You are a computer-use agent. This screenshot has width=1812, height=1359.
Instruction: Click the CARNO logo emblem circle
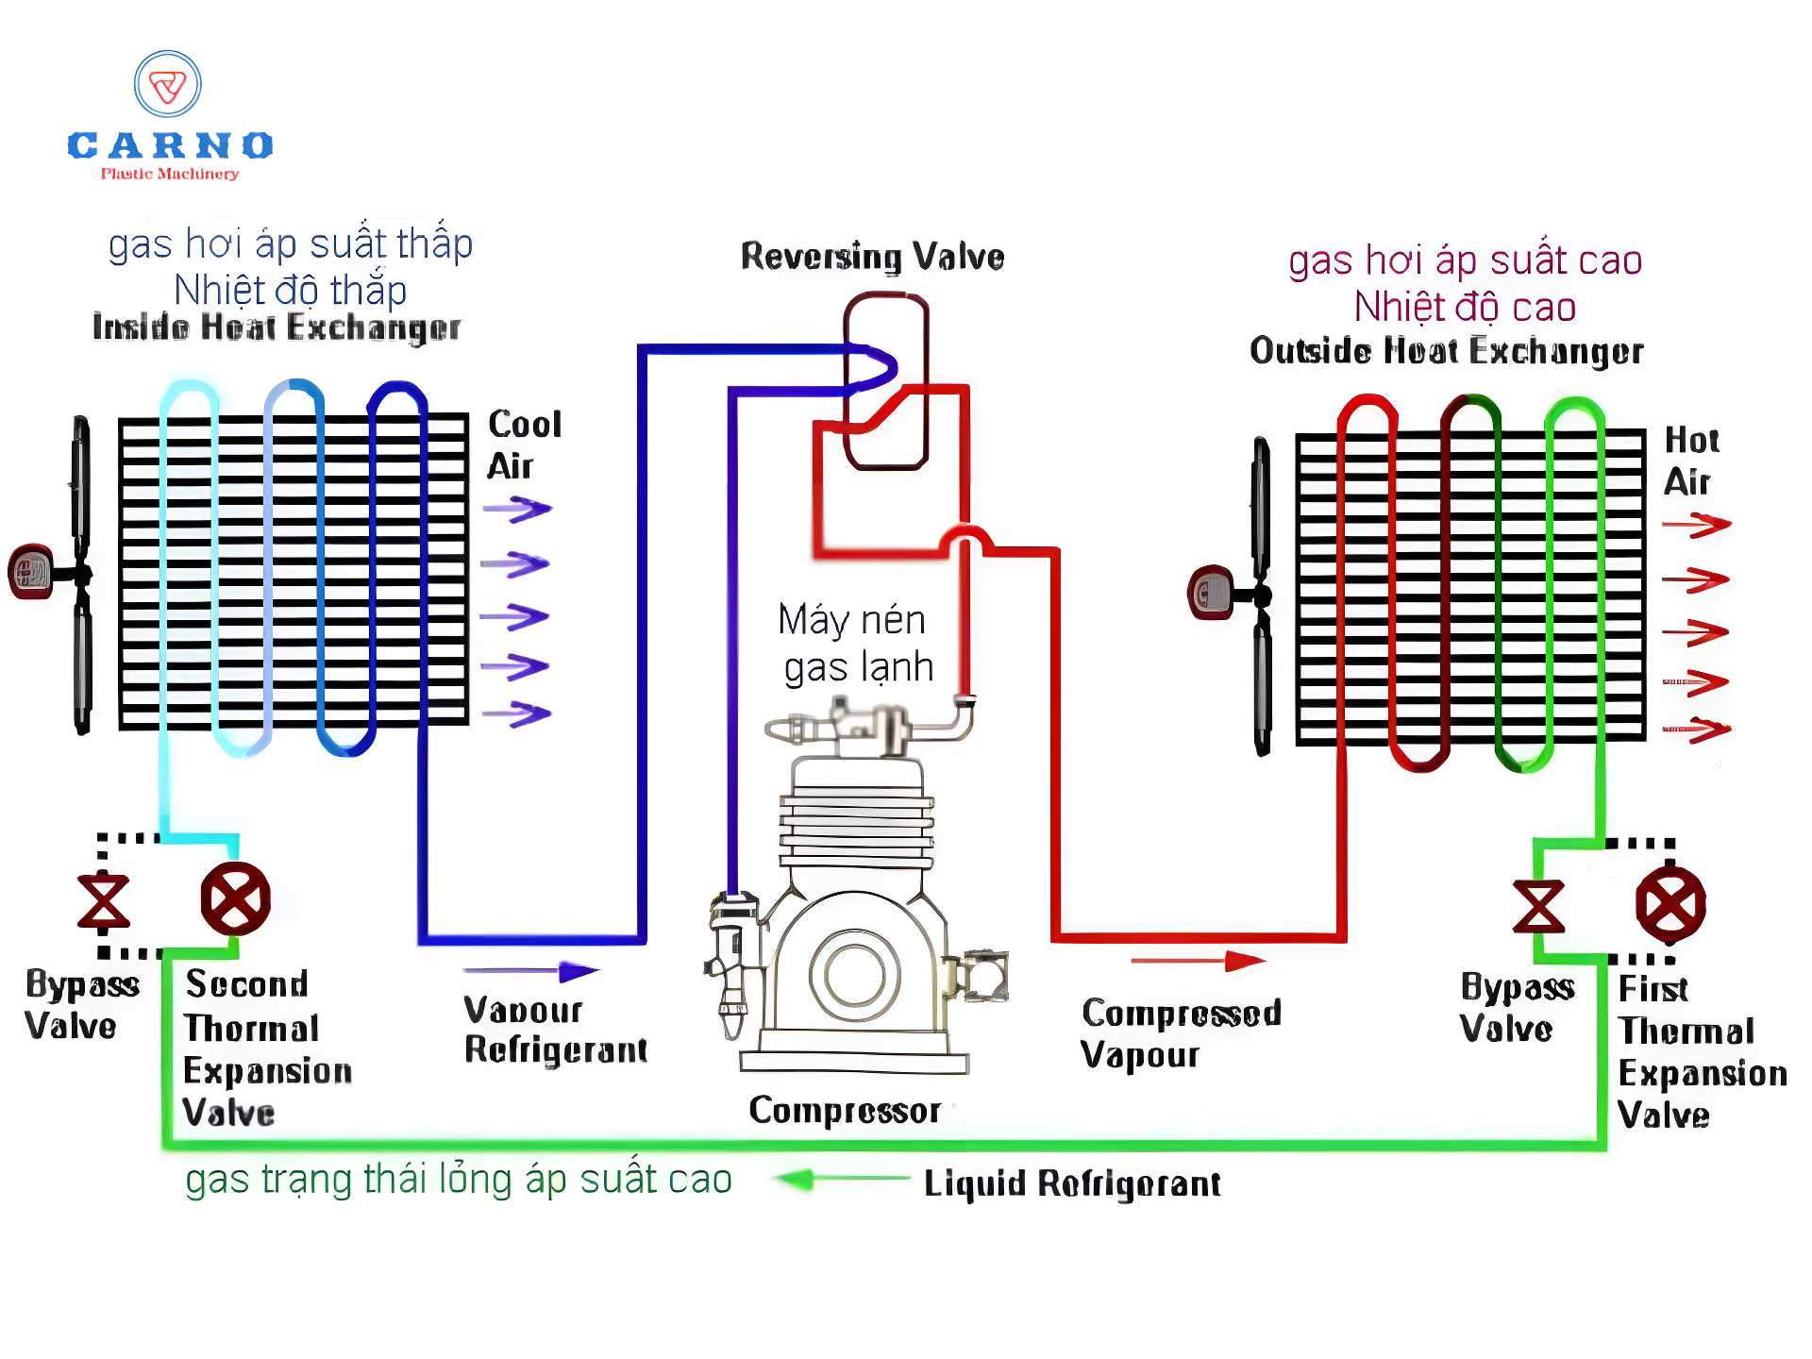168,85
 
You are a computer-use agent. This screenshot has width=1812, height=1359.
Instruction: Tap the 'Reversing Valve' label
872,257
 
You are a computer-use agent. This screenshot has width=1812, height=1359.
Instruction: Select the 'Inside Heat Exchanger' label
277,327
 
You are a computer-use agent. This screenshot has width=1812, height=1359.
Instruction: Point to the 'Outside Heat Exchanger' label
1446,351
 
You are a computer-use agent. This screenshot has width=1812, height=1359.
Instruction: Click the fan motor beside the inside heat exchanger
31,571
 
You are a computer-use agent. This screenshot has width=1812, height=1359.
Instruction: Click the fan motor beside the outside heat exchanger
1211,593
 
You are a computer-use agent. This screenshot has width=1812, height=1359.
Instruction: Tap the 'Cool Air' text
524,445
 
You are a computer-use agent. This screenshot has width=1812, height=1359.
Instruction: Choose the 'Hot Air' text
1690,461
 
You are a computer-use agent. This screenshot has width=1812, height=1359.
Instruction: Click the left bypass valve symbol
103,901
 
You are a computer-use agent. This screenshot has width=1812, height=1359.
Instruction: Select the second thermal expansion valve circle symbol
235,898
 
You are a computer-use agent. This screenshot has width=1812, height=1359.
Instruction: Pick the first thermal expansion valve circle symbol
1669,904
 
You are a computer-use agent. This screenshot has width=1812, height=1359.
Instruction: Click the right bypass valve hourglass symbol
1538,906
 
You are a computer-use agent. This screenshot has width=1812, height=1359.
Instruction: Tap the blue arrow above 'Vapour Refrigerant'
531,971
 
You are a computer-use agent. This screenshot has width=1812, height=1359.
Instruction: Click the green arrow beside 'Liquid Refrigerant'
840,1179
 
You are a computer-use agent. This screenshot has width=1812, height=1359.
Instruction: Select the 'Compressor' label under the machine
845,1111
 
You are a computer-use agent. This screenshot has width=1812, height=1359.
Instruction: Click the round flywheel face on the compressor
854,974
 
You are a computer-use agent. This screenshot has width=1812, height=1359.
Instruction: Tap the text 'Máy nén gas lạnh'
855,644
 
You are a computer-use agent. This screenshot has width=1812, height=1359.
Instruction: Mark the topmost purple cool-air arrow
517,510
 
